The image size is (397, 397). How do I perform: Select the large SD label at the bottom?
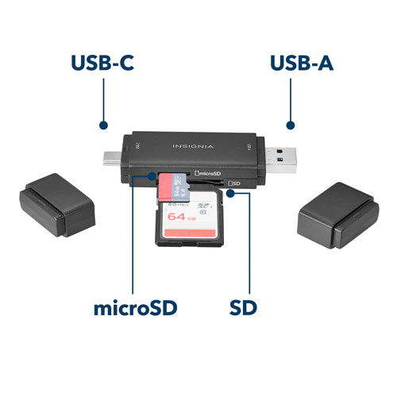click(x=248, y=307)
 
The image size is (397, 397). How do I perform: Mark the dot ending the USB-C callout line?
click(x=103, y=125)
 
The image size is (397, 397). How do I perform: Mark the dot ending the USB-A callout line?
click(x=291, y=125)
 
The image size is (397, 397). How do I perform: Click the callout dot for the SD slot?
click(x=249, y=193)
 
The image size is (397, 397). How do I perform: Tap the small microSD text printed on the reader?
click(x=208, y=173)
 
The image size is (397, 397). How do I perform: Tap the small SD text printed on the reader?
click(x=236, y=183)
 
